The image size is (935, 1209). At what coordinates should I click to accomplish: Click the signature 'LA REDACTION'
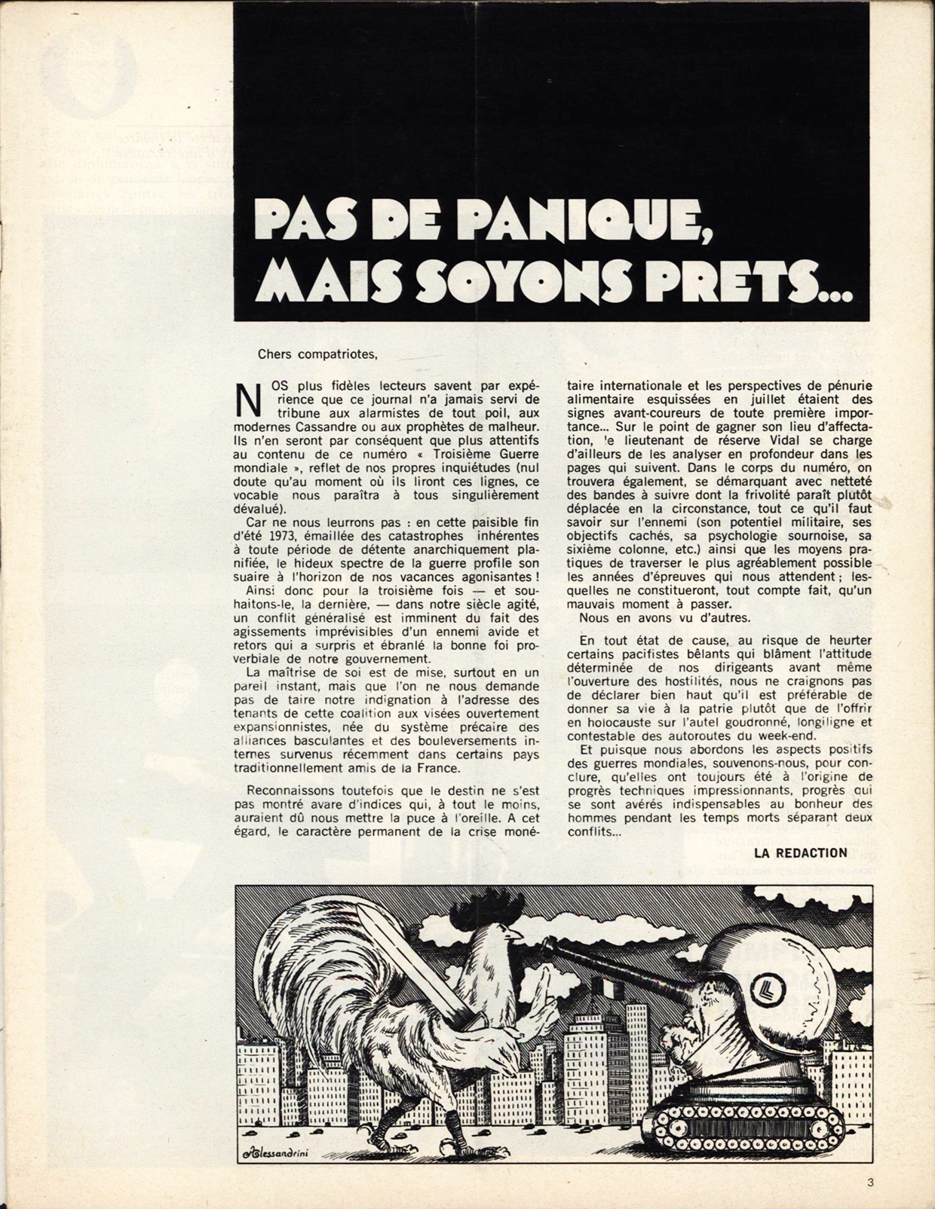click(x=801, y=852)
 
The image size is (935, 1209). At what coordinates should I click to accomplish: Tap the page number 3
click(x=870, y=1183)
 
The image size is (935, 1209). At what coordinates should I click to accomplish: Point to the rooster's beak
click(x=516, y=935)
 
